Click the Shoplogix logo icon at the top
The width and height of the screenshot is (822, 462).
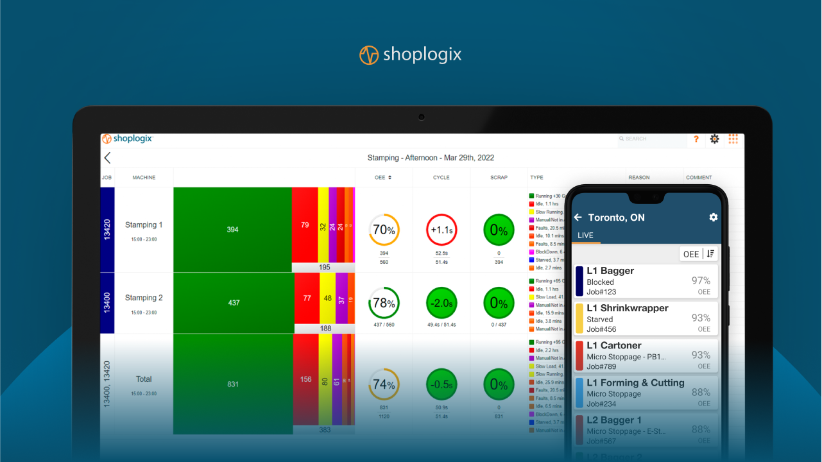[368, 55]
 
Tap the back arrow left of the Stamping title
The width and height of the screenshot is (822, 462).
[107, 158]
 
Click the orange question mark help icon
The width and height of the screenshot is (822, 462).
[696, 139]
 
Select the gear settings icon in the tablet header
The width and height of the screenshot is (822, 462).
[714, 139]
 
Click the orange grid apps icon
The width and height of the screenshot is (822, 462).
[733, 139]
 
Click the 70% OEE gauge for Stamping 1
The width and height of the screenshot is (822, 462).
[384, 230]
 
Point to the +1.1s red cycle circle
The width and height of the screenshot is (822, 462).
[441, 230]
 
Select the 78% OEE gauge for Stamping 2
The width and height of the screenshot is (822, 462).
[384, 303]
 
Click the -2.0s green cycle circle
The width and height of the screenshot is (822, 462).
[441, 303]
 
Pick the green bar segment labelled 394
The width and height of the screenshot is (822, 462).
[232, 229]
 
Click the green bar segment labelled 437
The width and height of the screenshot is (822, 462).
[234, 302]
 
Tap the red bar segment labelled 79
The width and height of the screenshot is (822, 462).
[305, 225]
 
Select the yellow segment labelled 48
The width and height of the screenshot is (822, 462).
[327, 298]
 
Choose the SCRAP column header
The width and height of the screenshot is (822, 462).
[499, 178]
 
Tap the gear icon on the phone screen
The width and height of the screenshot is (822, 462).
[713, 218]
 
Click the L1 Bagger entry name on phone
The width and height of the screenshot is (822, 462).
[610, 271]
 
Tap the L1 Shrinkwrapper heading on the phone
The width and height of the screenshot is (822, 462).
[628, 308]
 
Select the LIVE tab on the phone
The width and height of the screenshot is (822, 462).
[585, 235]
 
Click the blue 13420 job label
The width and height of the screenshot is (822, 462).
[107, 229]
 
